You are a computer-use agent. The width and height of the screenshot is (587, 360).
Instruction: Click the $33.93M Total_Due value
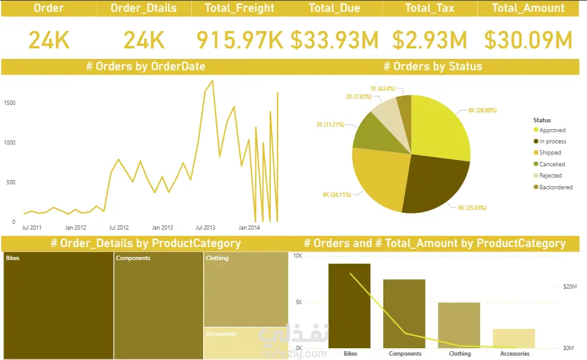point(334,40)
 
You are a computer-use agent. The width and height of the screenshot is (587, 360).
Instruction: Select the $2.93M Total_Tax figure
point(430,40)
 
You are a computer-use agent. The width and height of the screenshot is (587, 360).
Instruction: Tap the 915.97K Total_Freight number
point(240,40)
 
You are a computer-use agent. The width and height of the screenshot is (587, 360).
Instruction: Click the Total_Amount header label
point(528,8)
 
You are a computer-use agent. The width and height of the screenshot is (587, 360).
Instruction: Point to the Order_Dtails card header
point(143,8)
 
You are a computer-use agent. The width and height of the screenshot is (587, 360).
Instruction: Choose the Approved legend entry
point(552,130)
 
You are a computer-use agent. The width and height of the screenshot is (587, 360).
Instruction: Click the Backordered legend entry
point(555,187)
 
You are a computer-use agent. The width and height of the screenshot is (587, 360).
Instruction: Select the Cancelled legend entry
point(552,164)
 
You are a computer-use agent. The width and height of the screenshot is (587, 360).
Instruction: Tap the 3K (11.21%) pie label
point(330,125)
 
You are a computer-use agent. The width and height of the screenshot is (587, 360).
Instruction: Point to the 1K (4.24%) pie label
point(383,88)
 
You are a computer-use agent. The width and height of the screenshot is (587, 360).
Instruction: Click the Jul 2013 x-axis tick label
point(205,228)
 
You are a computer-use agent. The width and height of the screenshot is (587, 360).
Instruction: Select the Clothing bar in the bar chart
point(459,325)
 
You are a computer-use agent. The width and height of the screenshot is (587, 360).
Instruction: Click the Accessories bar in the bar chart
point(514,338)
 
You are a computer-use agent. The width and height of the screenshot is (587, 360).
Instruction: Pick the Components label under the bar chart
point(405,354)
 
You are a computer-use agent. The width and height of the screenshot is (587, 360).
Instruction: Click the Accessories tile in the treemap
point(245,343)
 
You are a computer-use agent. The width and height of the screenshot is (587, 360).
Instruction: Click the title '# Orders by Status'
point(432,66)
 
